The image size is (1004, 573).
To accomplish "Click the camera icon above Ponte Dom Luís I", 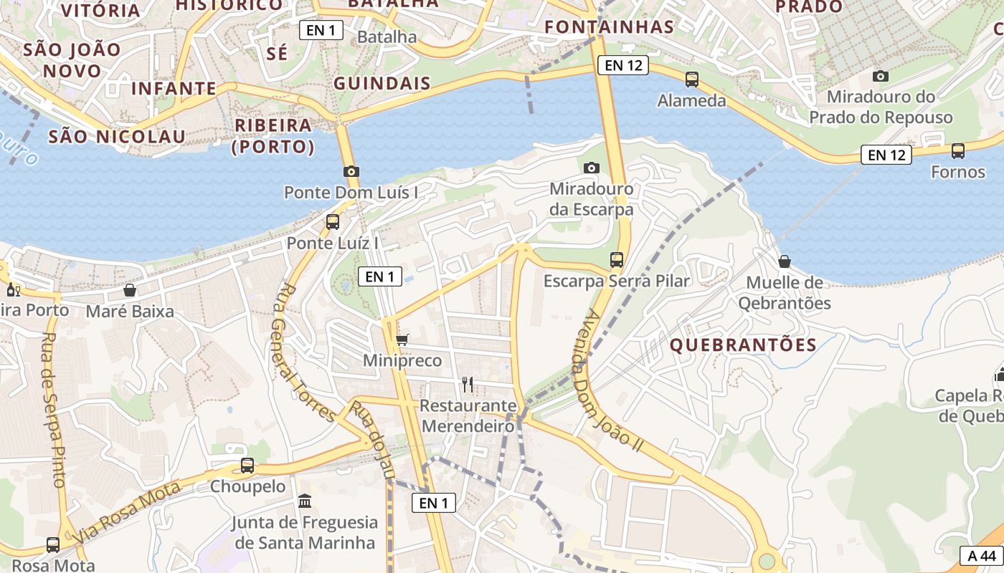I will pos(351,171).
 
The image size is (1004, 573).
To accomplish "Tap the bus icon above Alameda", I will pos(692,80).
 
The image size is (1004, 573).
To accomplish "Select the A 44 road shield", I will pos(982,556).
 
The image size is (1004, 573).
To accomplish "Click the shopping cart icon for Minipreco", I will pos(402,340).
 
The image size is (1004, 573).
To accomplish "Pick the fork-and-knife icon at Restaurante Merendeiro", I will pos(468,385).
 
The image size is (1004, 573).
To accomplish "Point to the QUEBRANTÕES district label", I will pos(743,345).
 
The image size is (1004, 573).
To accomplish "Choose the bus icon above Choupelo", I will pos(247,466).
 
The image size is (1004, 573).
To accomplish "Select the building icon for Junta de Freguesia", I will pos(305,501).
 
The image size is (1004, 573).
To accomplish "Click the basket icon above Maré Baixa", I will pos(130,290).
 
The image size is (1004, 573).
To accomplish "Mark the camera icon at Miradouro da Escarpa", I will pos(591,168).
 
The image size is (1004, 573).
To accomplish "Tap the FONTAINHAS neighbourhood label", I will pos(609,27).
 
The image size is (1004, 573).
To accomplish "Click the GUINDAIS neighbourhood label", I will pos(382,83).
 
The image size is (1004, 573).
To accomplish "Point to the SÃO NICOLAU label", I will pos(117,136).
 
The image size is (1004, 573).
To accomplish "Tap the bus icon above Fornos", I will pos(958,151).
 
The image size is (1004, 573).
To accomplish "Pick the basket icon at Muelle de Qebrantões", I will pos(785,261).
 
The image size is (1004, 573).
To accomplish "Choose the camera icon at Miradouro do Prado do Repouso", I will pos(880,76).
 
